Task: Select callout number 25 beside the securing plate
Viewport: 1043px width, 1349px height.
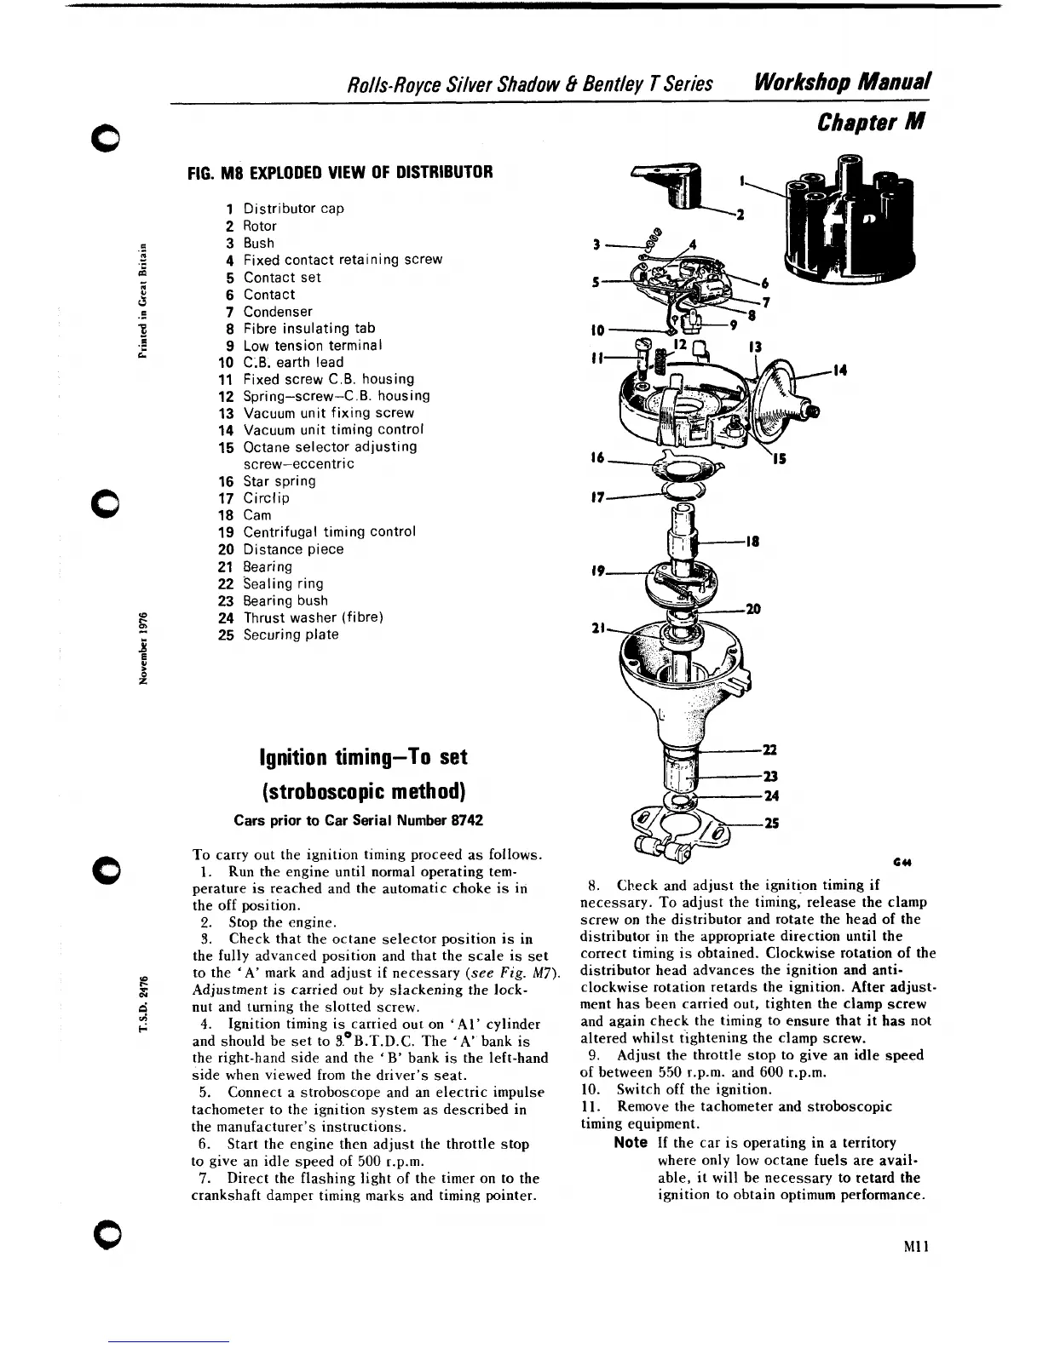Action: click(x=772, y=824)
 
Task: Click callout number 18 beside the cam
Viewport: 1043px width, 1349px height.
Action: click(x=752, y=541)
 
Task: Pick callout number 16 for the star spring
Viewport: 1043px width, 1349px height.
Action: click(x=596, y=458)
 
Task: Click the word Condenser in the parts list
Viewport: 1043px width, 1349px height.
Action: click(x=278, y=312)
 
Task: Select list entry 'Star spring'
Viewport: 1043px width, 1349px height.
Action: click(x=279, y=481)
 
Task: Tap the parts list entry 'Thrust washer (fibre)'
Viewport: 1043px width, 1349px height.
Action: click(x=313, y=617)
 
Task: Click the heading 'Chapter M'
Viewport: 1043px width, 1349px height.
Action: click(x=870, y=123)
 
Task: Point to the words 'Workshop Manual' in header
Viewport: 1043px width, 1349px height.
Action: click(x=839, y=83)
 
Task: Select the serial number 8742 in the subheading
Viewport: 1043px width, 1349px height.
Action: click(x=466, y=820)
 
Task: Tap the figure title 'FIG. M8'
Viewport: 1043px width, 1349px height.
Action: click(x=216, y=172)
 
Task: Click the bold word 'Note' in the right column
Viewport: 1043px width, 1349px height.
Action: click(x=631, y=1143)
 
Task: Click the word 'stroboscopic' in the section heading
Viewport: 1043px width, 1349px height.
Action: click(x=331, y=790)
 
